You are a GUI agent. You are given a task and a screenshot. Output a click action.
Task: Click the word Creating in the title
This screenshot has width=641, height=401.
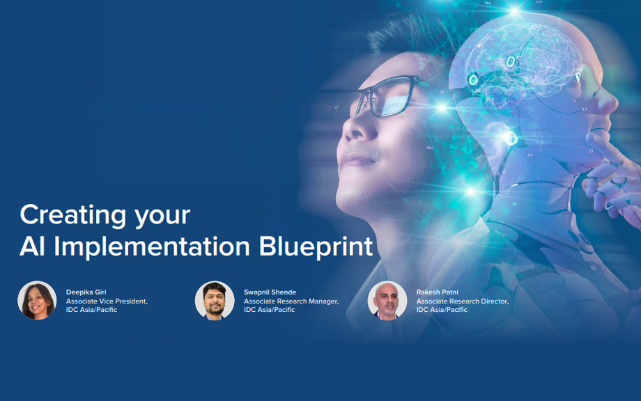tap(73, 215)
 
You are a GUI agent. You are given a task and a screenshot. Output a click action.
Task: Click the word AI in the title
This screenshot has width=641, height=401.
tap(32, 246)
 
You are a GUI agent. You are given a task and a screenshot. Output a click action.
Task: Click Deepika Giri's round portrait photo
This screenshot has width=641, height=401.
tap(37, 300)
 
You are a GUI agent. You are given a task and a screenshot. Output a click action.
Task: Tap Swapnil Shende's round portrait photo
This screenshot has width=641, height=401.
tap(215, 300)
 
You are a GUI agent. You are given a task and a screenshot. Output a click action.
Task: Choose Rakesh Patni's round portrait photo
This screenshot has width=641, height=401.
tap(387, 300)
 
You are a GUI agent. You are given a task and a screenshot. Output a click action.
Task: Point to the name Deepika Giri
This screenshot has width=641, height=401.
tap(86, 292)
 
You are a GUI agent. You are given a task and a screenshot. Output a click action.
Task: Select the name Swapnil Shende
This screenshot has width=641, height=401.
tap(270, 292)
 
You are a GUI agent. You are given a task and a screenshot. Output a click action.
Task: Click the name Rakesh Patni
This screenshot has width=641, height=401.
tap(437, 292)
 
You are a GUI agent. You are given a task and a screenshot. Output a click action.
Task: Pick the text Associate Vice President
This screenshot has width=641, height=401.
tap(107, 301)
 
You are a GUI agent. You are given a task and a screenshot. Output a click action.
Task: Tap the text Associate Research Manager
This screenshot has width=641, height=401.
tap(291, 301)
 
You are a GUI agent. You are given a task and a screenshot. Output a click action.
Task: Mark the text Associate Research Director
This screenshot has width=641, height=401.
tap(463, 301)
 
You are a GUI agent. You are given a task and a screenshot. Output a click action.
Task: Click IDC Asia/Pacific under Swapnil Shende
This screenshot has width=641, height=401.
tap(270, 310)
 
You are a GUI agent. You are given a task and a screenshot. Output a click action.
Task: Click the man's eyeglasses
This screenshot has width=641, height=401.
tap(385, 96)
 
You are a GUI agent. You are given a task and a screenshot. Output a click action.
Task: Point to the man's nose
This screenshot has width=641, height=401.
tap(354, 129)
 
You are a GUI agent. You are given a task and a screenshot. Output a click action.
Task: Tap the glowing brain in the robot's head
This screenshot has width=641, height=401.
tap(519, 61)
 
